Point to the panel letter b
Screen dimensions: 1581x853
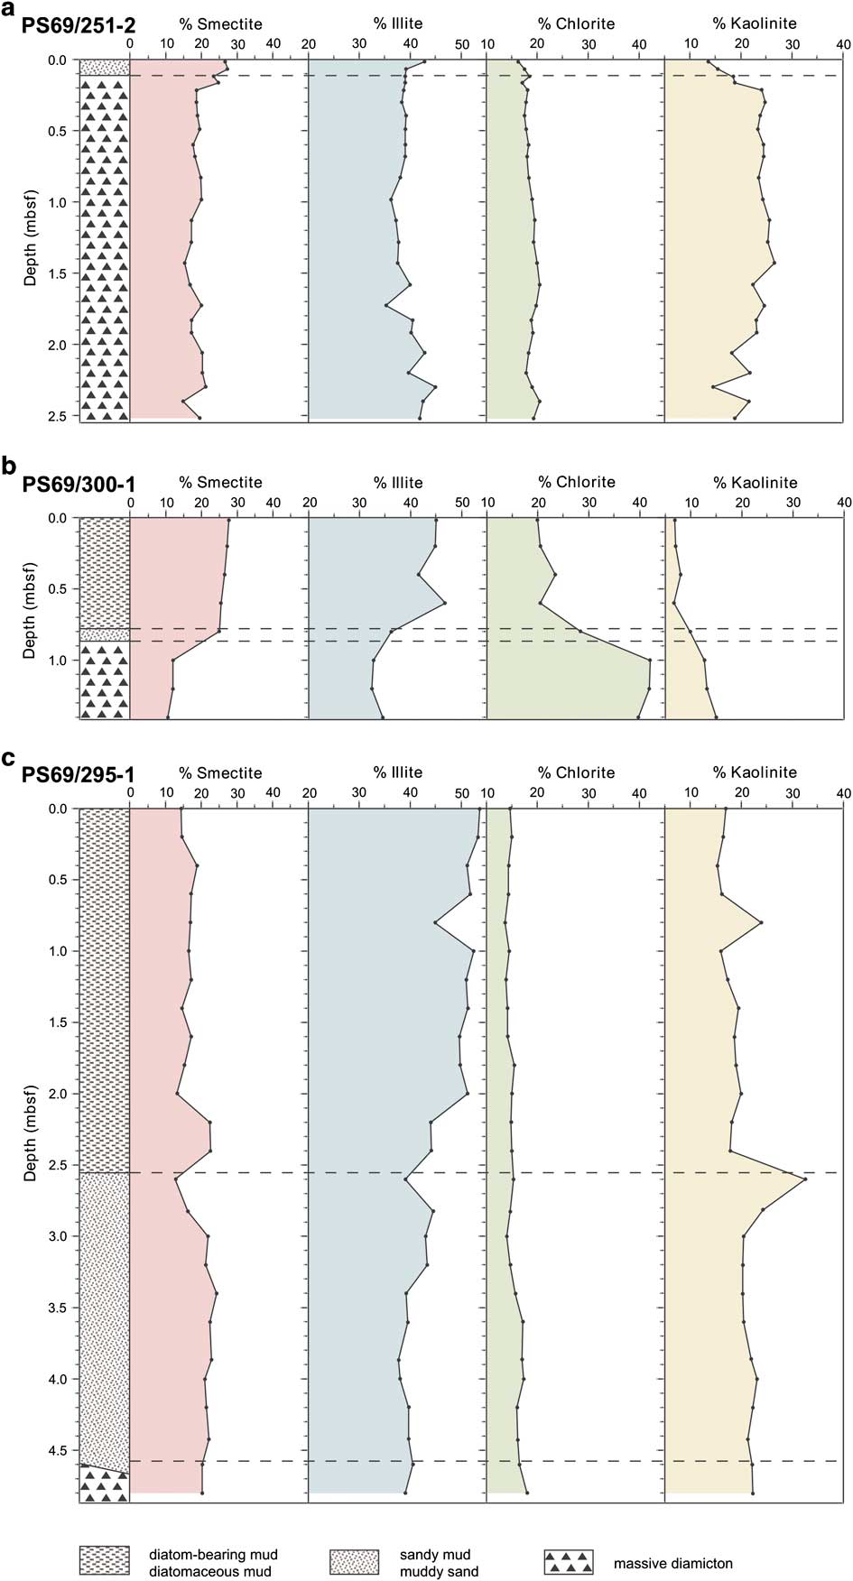10,467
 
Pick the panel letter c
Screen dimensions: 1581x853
10,757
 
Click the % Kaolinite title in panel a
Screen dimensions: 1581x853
755,23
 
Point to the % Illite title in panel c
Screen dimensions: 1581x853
397,772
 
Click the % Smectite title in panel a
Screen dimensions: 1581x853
220,23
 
